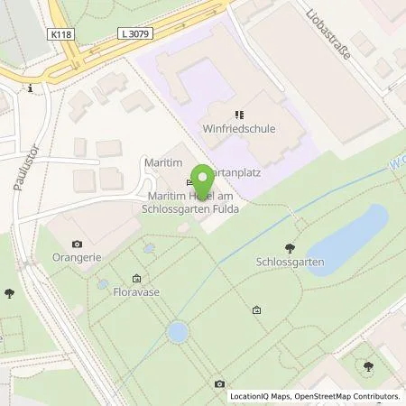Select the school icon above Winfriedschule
239,115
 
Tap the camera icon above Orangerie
78,244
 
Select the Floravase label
136,292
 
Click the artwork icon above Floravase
136,279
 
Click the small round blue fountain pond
178,332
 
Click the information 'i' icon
32,88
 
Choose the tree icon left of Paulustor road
9,292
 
